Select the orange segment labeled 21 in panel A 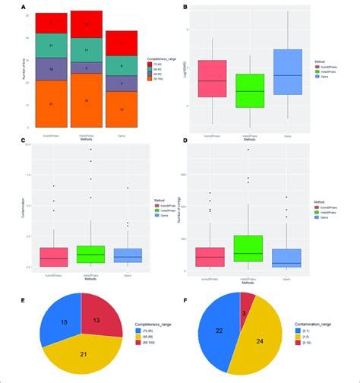(49, 103)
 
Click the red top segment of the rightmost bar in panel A (122, 43)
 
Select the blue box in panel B (287, 72)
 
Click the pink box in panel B (212, 78)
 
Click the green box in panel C (90, 255)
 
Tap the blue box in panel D (286, 258)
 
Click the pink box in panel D (210, 257)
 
